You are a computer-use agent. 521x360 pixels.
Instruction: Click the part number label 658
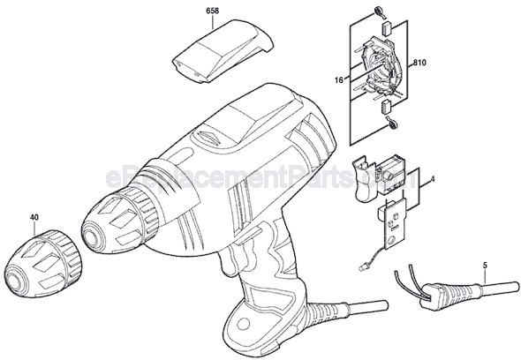212,11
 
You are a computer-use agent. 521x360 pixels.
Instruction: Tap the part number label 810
420,63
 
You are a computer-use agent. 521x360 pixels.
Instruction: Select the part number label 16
338,80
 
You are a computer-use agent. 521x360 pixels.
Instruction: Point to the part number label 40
34,218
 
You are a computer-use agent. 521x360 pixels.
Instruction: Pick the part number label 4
433,179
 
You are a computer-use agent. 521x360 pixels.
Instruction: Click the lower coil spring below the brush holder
392,122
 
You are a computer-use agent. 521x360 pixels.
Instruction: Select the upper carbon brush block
387,28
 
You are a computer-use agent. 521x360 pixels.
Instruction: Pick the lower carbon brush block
387,106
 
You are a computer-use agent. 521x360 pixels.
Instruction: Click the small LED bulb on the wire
362,267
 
